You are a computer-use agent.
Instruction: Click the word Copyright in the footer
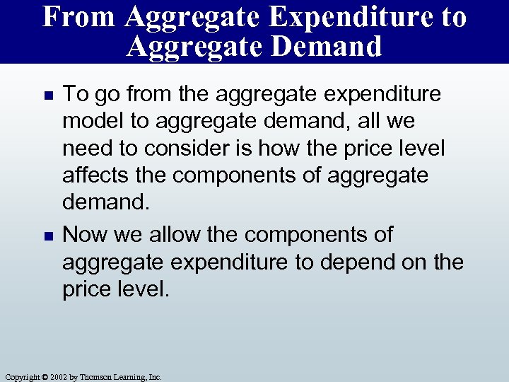pyautogui.click(x=23, y=377)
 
